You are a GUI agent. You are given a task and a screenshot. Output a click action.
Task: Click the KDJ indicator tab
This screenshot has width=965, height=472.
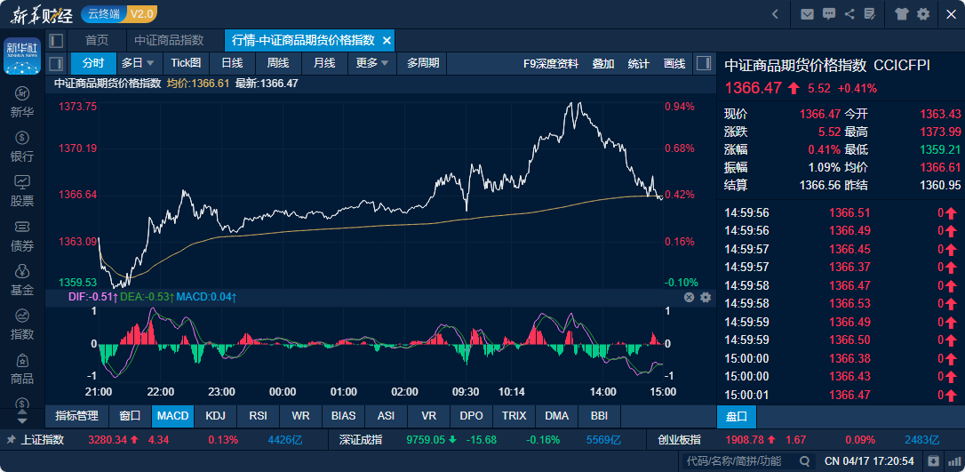tap(215, 415)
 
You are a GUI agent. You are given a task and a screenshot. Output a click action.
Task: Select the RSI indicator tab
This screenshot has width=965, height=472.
tap(258, 415)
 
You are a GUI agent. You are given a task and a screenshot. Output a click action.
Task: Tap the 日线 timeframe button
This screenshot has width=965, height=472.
tap(232, 63)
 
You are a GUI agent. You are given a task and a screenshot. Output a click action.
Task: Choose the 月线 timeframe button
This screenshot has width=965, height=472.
tap(324, 63)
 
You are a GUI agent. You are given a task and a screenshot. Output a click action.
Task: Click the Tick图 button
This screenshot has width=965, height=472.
tap(186, 63)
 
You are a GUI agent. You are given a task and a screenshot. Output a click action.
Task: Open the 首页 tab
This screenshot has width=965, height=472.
tap(97, 40)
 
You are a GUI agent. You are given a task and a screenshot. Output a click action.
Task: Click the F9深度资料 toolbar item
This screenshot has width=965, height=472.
tap(551, 63)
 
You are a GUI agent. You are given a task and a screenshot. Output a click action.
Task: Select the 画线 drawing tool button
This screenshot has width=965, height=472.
tap(674, 63)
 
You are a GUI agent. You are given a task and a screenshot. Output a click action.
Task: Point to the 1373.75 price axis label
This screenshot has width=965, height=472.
tap(78, 106)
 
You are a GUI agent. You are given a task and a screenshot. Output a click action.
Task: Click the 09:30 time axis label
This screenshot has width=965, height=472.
tap(466, 392)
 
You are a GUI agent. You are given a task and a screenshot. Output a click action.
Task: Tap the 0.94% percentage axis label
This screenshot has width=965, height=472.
tap(680, 107)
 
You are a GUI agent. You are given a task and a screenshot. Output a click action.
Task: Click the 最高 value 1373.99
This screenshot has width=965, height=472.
tap(940, 132)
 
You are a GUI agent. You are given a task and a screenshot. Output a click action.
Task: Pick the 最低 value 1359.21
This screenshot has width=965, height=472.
tap(940, 149)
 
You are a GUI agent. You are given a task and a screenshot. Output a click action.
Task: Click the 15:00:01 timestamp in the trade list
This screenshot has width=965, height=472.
tap(747, 395)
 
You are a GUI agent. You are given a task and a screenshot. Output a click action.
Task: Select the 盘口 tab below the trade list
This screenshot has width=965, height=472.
tap(737, 416)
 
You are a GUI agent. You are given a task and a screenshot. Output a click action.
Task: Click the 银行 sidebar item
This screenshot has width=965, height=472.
tap(22, 147)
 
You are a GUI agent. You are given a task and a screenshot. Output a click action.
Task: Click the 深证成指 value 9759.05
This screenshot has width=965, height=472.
tap(425, 439)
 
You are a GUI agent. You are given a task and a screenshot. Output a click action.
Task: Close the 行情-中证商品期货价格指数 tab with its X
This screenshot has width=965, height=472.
tap(387, 41)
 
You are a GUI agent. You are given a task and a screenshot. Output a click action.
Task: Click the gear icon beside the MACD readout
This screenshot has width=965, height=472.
tap(706, 297)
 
